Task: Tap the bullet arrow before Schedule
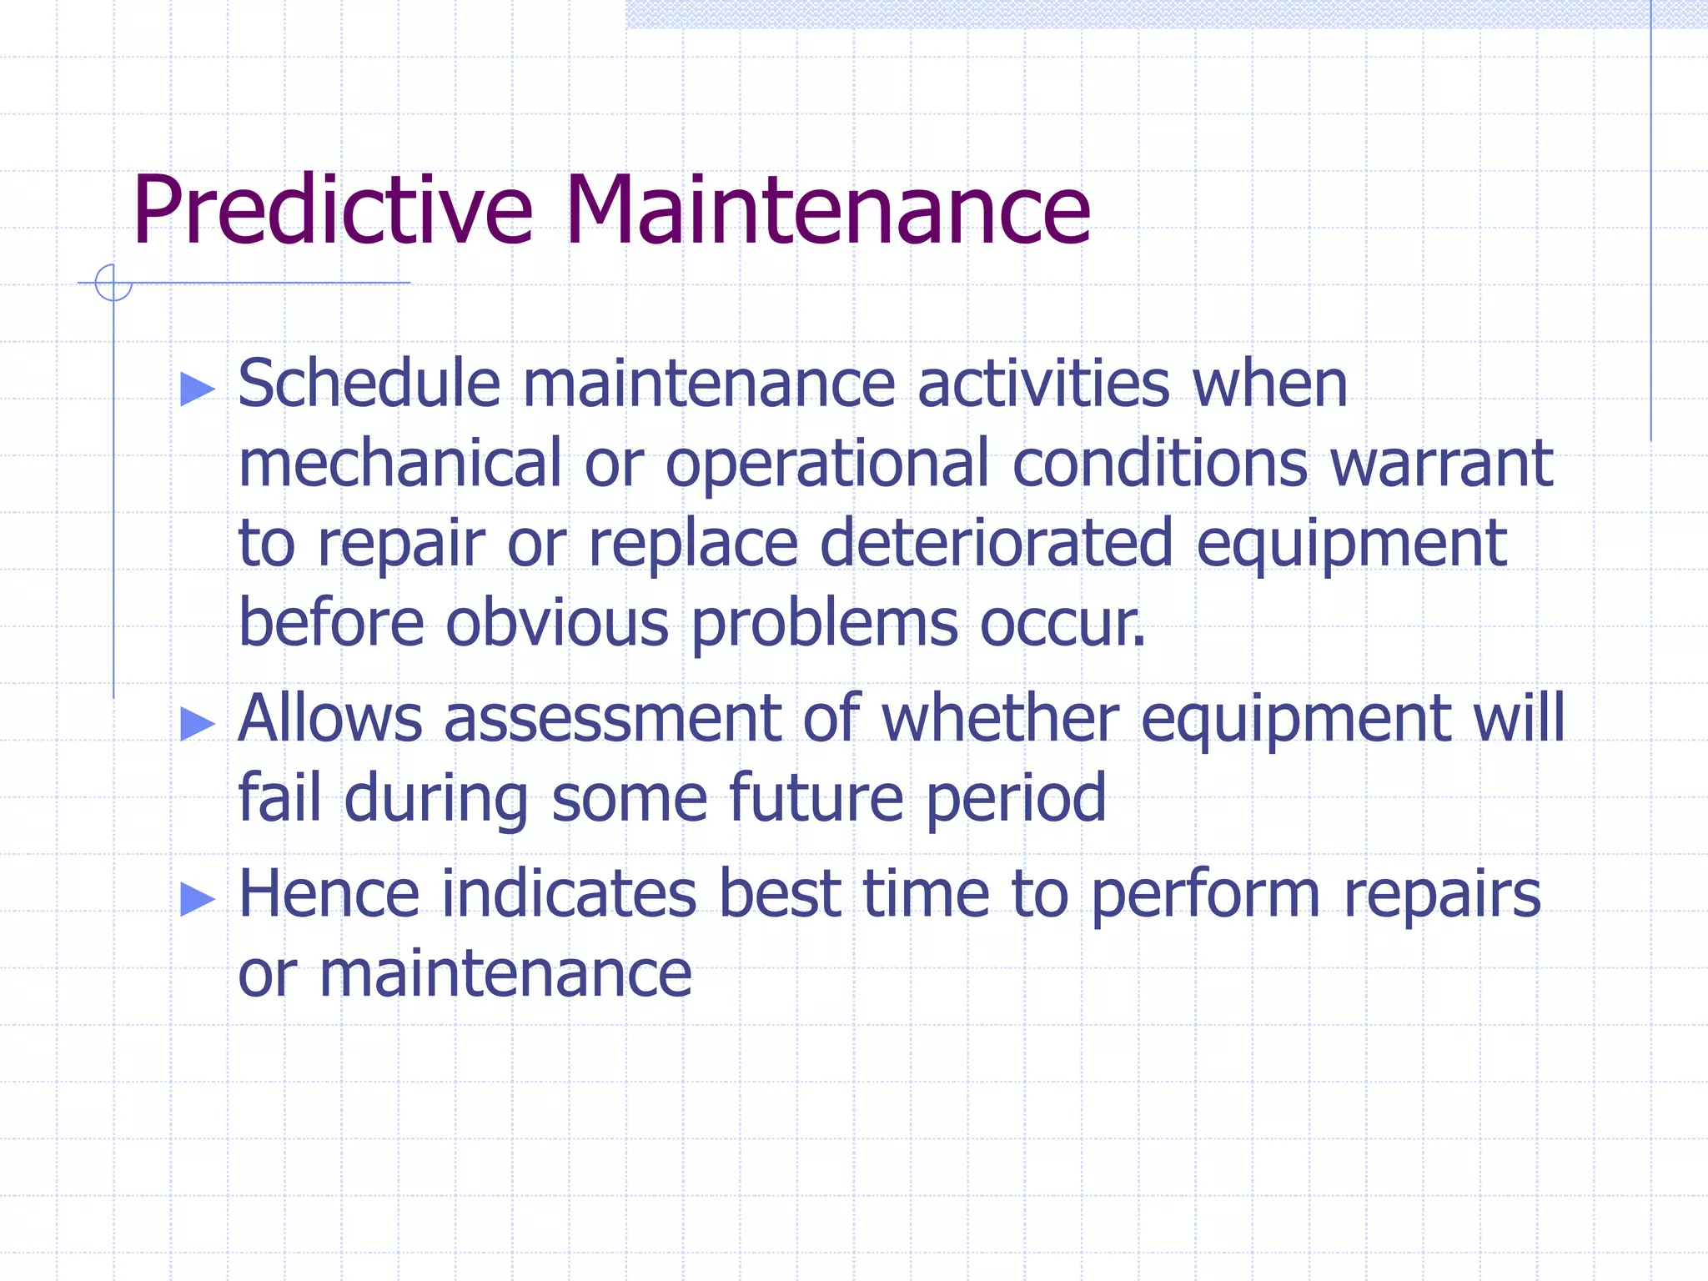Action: coord(198,389)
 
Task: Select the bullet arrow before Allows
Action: coord(198,723)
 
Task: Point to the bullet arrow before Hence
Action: coord(198,898)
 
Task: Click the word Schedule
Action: coord(369,384)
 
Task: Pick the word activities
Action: coord(1043,384)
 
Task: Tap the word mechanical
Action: coord(400,464)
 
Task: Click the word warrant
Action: coord(1441,464)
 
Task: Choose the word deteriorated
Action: coord(997,544)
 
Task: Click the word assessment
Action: coord(612,719)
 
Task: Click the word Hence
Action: coord(329,894)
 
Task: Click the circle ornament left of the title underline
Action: coord(113,283)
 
